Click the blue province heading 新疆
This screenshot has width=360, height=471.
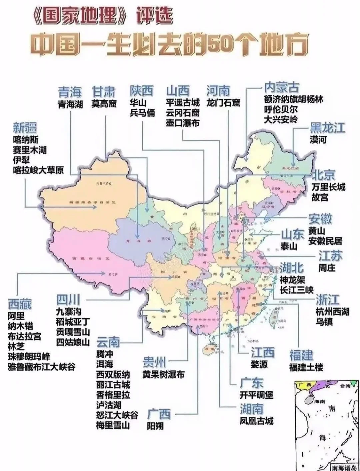(25, 128)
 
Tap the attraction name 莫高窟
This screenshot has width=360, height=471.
(104, 104)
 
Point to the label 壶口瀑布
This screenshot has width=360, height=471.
(183, 123)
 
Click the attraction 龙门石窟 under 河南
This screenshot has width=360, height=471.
(223, 103)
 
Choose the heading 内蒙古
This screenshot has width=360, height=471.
(281, 88)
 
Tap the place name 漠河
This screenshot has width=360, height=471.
(318, 140)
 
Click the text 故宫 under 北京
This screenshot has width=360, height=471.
(320, 197)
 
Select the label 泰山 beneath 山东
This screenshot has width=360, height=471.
(288, 246)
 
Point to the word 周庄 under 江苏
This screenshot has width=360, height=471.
(327, 268)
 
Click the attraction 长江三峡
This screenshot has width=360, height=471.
(296, 290)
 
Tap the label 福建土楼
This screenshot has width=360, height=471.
(306, 367)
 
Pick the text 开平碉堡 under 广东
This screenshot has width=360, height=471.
(256, 395)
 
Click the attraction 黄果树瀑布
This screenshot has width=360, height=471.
(163, 374)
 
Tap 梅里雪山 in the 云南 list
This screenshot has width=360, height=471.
(113, 425)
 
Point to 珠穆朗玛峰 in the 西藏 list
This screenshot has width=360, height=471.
(29, 357)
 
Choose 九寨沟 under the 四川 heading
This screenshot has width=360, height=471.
(69, 312)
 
